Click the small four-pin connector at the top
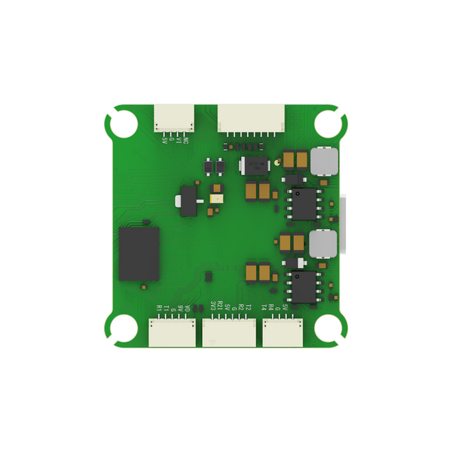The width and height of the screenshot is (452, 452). [174, 117]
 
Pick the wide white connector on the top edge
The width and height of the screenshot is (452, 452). [252, 118]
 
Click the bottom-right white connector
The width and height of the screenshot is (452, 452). [283, 332]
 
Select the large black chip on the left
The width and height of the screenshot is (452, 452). [139, 254]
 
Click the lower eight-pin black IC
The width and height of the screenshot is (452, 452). [305, 287]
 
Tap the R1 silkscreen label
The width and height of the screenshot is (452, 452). [158, 308]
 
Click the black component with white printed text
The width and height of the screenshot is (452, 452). [254, 165]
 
